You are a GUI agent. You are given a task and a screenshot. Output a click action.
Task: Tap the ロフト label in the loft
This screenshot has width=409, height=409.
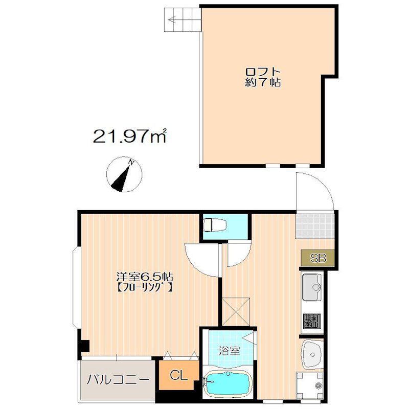point(263,71)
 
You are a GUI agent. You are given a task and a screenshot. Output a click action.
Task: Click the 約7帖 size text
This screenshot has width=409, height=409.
point(263,82)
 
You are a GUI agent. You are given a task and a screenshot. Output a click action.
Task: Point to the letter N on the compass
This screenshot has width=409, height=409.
point(131,163)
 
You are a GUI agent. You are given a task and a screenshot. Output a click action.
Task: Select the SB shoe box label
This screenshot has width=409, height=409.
point(318,258)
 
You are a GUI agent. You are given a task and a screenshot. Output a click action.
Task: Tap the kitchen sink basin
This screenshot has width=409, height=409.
point(312,287)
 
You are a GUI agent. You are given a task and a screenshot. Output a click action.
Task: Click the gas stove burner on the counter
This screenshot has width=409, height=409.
point(312,321)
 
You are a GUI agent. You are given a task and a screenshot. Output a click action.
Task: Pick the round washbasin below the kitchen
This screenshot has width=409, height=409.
point(312,354)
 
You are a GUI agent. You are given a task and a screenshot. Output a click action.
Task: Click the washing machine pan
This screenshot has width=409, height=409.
point(310,385)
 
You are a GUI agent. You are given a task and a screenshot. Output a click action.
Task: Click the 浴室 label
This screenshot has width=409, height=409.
point(229,351)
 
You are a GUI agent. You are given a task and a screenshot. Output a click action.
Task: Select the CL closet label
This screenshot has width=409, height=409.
point(178,375)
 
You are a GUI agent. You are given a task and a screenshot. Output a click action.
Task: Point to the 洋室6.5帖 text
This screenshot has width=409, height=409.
point(145,277)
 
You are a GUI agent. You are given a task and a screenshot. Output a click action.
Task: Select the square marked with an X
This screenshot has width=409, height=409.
point(236,312)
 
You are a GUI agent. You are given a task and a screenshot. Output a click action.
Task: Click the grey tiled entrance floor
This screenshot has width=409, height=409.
point(315,225)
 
